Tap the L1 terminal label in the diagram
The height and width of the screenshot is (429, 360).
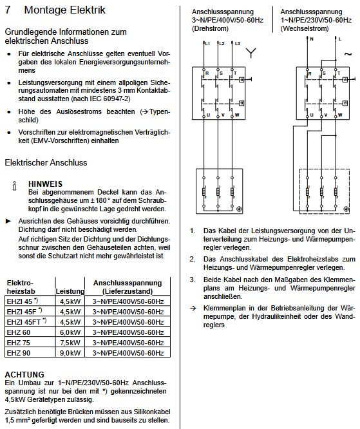208,43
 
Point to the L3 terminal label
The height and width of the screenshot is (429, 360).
237,43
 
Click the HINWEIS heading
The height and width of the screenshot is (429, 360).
45,184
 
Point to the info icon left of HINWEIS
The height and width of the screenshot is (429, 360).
15,187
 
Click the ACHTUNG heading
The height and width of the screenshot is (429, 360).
24,374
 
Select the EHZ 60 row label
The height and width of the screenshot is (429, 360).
18,332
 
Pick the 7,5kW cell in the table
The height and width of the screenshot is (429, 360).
69,343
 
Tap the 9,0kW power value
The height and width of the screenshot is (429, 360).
69,353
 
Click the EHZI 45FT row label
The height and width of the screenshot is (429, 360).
23,322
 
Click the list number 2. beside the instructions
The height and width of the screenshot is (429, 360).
193,258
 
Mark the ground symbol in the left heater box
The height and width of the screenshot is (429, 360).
239,209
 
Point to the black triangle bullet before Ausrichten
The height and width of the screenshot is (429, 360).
8,220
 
